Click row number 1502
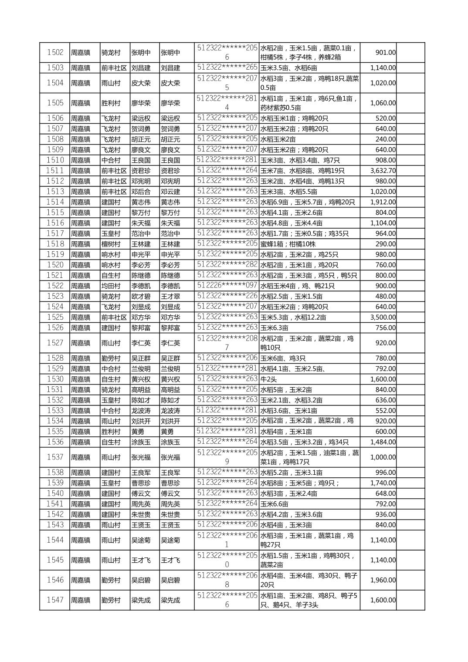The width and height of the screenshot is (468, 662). pos(55,53)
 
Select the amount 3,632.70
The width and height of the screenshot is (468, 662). pos(383,171)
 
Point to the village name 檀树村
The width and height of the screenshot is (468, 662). pos(111,244)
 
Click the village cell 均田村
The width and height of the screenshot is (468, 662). pos(111,286)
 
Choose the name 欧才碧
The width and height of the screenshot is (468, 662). pos(141,296)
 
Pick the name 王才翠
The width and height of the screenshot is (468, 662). pos(170,296)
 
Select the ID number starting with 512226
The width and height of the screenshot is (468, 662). pos(227,285)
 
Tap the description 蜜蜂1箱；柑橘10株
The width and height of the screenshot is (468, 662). pos(288,244)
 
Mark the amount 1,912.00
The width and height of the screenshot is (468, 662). pos(383,202)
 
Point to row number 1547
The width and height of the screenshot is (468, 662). pos(55,600)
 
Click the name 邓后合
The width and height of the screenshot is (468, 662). pos(141,192)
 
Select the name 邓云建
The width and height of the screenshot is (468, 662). pos(170,192)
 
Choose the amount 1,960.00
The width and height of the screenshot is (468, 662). pos(383,580)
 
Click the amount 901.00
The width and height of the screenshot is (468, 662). pos(385,53)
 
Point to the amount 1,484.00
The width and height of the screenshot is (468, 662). pos(383,442)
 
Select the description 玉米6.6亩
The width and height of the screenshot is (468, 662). pos(274,504)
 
